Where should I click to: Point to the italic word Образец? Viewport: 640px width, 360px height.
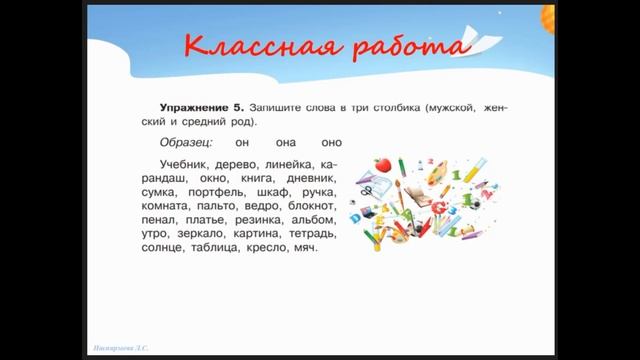coord(187,143)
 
